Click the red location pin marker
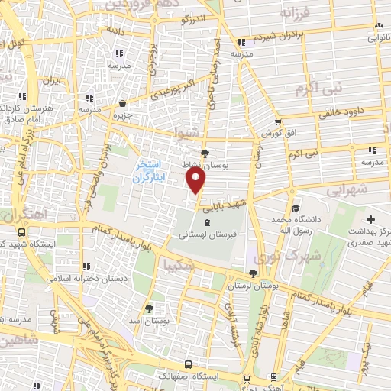[196, 181]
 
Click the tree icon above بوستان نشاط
[205, 153]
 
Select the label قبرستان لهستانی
[200, 236]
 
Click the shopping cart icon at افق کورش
[277, 122]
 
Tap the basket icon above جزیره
[124, 104]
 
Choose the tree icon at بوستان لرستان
[253, 273]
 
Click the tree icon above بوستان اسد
[150, 309]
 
